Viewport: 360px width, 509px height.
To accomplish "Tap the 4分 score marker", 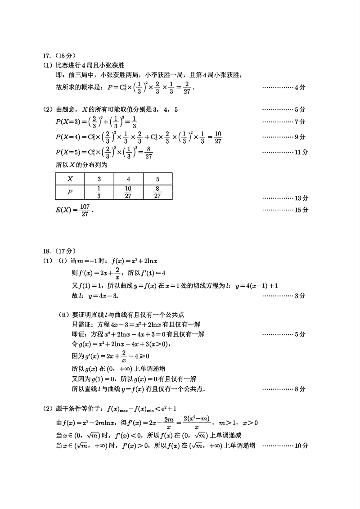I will click(300, 87).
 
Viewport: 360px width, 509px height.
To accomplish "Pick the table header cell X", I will click(70, 179).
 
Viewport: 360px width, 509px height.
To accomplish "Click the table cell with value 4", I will click(128, 179).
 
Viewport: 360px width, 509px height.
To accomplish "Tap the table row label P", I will click(70, 193).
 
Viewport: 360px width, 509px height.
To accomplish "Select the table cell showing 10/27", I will click(128, 193).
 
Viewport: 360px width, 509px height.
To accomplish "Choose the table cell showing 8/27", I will click(157, 193).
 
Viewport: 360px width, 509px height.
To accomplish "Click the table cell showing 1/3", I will click(99, 193).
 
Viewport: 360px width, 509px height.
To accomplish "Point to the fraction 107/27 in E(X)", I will click(85, 210).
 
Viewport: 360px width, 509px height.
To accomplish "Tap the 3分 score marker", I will click(300, 296).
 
